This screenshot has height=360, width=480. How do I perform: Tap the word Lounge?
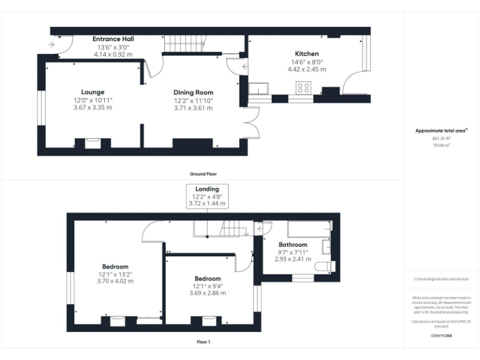92,92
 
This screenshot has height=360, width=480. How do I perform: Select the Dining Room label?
193,92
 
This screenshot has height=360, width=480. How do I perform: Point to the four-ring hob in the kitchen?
304,88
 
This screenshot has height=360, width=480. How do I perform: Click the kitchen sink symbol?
259,88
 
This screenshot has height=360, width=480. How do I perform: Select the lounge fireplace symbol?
92,143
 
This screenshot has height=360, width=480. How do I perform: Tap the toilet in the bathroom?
324,267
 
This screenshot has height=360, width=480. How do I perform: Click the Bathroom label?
292,244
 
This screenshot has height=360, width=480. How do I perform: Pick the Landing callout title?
207,189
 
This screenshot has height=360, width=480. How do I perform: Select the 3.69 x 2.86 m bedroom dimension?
207,292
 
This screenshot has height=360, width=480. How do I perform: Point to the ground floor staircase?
185,44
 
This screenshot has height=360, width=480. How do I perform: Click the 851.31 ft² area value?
442,139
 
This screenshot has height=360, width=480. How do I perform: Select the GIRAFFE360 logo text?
442,337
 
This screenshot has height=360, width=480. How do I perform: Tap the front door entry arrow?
50,44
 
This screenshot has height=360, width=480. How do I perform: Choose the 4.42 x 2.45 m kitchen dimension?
306,69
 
